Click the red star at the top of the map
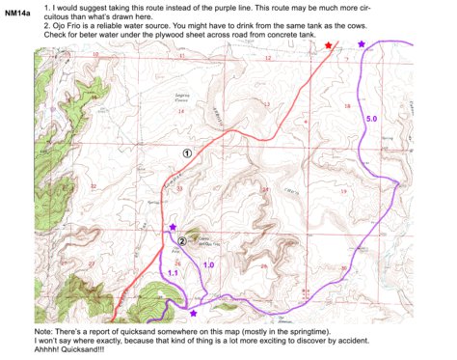point(329,46)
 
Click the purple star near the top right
point(362,44)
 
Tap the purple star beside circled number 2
point(173,228)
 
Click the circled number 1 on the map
point(187,152)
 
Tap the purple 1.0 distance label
point(208,263)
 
